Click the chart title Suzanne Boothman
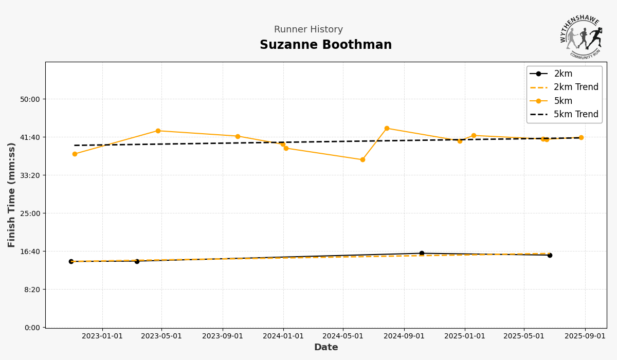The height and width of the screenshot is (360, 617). [325, 45]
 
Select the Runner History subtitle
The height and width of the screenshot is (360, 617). [308, 30]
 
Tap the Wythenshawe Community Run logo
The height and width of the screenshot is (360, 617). [581, 37]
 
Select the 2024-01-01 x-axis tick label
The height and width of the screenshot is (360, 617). [283, 336]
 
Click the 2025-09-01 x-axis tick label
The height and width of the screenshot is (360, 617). [585, 336]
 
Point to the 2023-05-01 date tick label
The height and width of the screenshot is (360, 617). [161, 336]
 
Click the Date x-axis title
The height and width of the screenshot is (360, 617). [326, 348]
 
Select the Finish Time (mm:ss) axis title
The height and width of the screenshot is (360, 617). [12, 195]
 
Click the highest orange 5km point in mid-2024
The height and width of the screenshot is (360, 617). [387, 129]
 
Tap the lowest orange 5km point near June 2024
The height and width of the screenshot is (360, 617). [362, 159]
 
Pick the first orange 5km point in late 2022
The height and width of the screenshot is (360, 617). [75, 154]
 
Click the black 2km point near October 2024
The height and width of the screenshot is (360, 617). [422, 253]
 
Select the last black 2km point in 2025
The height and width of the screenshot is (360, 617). [550, 255]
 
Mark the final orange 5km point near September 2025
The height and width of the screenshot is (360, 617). [581, 137]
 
